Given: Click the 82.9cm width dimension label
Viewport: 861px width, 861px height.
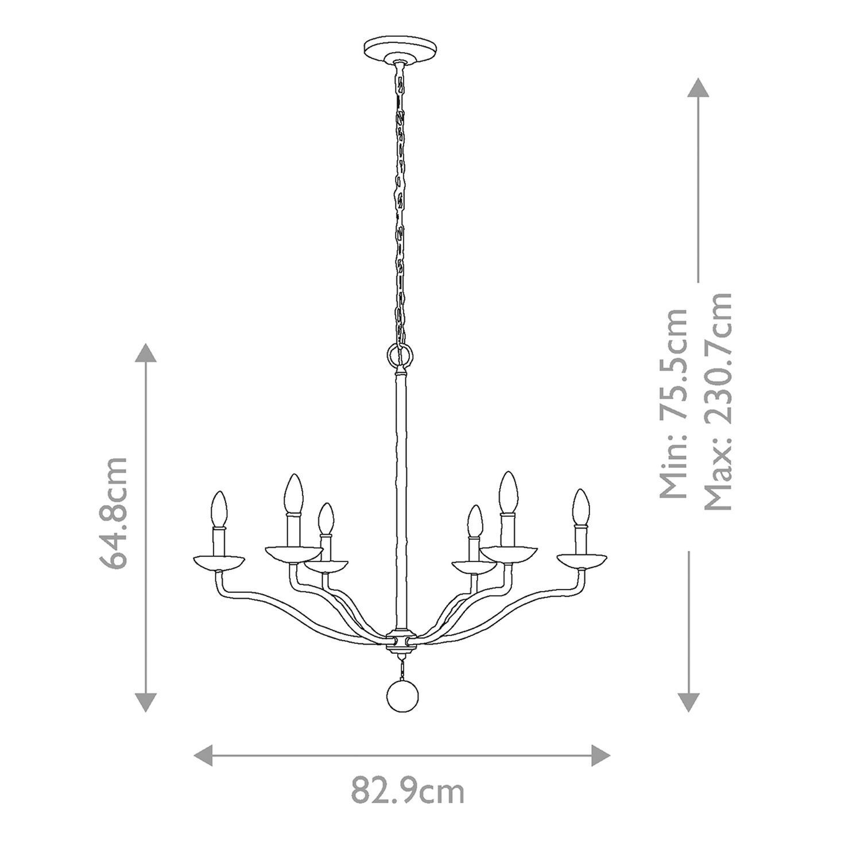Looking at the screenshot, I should [408, 792].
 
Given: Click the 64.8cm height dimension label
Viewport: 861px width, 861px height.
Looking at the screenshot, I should [113, 513].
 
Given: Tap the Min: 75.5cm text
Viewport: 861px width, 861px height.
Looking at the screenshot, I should [673, 404].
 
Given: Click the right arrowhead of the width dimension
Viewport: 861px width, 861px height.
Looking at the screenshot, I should [601, 754].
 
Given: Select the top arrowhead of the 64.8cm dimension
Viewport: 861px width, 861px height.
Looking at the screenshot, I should [146, 351].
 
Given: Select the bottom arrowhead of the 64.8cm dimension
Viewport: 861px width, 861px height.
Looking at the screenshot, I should [146, 702].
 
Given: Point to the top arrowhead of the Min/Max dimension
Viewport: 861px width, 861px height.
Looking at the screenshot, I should [697, 87].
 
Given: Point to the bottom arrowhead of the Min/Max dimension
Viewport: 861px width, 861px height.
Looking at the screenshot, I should [689, 702].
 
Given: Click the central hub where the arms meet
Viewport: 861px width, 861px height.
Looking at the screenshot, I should [401, 640].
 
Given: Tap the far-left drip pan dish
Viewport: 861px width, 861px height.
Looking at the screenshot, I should [219, 562].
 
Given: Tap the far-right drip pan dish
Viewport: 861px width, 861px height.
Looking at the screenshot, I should [582, 560].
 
